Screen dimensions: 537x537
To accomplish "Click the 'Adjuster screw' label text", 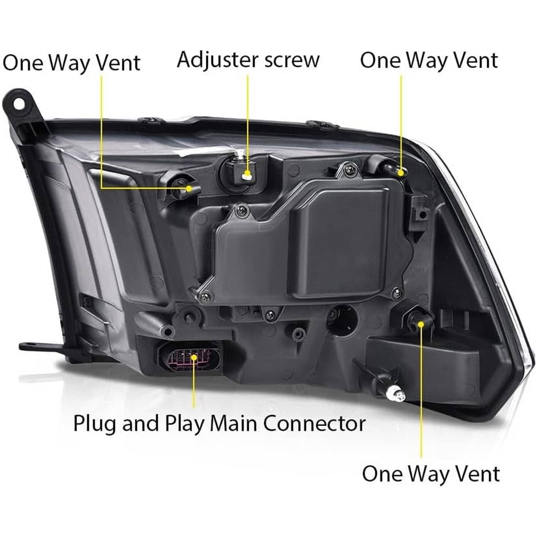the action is coord(248,60).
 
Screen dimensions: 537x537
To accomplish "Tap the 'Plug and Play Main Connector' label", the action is coord(219,423).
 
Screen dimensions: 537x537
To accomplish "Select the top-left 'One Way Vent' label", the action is coord(71,63).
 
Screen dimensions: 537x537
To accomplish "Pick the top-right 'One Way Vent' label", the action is coord(429,60).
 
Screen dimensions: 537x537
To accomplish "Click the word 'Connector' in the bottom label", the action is coord(314,423).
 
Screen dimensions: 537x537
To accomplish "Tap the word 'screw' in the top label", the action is coord(292,61).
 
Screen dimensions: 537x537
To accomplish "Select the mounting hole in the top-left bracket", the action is coord(19,105).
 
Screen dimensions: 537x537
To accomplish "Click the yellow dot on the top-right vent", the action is coord(401,173).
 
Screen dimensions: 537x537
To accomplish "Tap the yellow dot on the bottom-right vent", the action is coord(421,324).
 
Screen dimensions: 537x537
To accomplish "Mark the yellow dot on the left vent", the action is coord(189,189).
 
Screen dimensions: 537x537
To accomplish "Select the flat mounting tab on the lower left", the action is coord(45,347).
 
